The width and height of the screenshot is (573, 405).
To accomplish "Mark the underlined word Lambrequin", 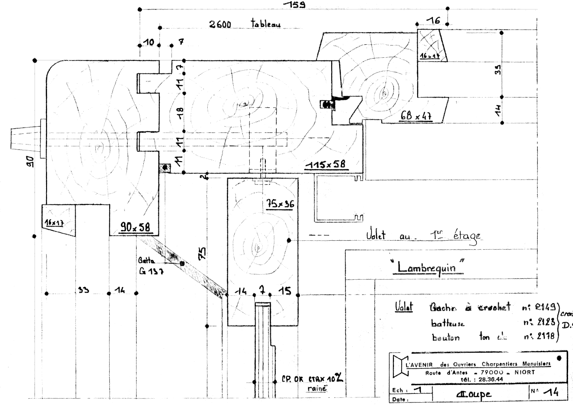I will coord(425,267).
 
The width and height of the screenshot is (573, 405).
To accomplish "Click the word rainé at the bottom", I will coord(317,389).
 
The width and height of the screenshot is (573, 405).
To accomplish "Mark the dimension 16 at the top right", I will coord(433,21).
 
